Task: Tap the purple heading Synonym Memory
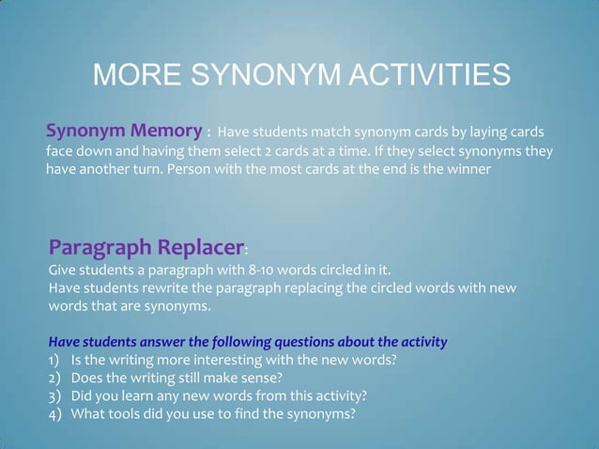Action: click(124, 130)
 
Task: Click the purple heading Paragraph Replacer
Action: click(145, 247)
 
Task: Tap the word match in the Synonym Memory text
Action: click(342, 130)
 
